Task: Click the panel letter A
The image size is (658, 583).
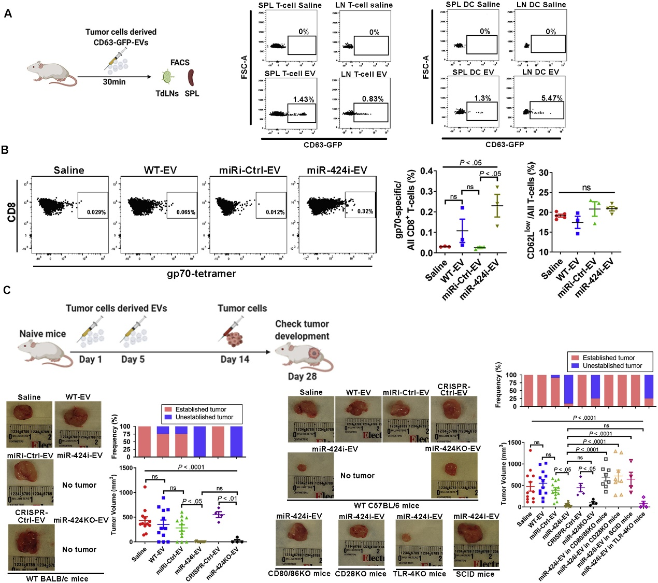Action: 8,13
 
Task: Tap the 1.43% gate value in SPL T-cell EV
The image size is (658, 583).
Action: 303,99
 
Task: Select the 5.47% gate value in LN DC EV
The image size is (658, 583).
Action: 551,98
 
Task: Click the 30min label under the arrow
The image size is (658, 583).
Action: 114,82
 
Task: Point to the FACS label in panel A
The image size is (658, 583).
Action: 180,62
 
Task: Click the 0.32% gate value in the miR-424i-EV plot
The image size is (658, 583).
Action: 365,211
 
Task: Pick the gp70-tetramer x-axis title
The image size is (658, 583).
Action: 202,274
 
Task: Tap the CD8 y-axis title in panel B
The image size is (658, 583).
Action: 11,212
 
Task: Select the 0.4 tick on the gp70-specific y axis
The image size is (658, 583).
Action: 413,172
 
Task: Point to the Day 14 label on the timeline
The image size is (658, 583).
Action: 235,360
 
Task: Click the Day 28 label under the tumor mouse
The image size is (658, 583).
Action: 302,376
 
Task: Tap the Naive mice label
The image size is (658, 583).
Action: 42,334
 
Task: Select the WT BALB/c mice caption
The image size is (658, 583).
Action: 57,578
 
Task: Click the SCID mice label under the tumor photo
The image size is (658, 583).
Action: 475,574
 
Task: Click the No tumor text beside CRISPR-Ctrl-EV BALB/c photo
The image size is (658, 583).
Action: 79,549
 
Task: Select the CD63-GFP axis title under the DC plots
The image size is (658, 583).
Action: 505,145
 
